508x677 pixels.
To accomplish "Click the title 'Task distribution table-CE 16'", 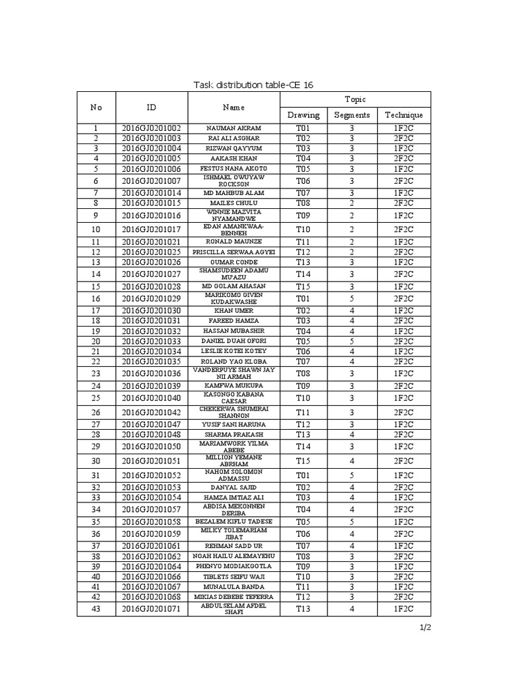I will click(254, 84).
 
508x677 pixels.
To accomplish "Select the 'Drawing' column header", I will click(303, 115).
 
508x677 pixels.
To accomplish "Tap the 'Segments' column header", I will click(352, 115).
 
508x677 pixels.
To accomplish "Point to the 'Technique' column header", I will click(403, 115).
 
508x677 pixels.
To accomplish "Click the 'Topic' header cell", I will click(355, 99).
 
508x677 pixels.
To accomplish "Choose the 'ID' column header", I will click(151, 107).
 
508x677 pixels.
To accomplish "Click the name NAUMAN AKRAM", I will click(234, 128).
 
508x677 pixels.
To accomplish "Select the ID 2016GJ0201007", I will click(151, 180).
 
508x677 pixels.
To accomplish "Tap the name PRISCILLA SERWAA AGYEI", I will click(234, 252).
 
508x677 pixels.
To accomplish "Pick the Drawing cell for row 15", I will click(303, 286).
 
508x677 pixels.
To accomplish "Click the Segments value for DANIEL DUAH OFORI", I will click(352, 341).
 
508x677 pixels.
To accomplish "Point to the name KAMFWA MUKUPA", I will click(234, 385).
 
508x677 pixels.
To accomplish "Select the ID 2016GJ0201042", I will click(151, 412).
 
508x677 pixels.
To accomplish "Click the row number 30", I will click(96, 461).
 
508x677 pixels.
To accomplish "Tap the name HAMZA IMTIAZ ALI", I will click(234, 497).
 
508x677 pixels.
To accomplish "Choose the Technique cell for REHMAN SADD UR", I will click(403, 545).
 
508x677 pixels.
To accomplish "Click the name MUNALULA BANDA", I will click(234, 586).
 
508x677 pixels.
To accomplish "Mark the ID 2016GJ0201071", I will click(151, 609).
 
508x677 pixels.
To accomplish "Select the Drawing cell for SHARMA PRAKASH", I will click(303, 434).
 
